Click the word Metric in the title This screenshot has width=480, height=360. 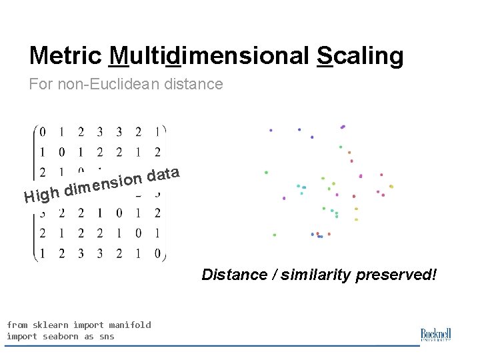click(x=65, y=56)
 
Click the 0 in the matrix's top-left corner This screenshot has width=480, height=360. click(x=43, y=132)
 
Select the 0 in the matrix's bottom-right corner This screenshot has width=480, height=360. click(x=157, y=253)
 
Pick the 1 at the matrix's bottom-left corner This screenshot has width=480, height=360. click(x=43, y=253)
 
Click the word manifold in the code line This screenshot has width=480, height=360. click(x=130, y=325)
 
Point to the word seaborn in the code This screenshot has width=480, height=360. click(x=61, y=337)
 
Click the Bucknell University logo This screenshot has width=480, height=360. click(x=437, y=335)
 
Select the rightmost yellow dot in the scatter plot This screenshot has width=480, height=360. click(x=391, y=187)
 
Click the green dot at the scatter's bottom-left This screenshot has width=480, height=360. click(x=275, y=235)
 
